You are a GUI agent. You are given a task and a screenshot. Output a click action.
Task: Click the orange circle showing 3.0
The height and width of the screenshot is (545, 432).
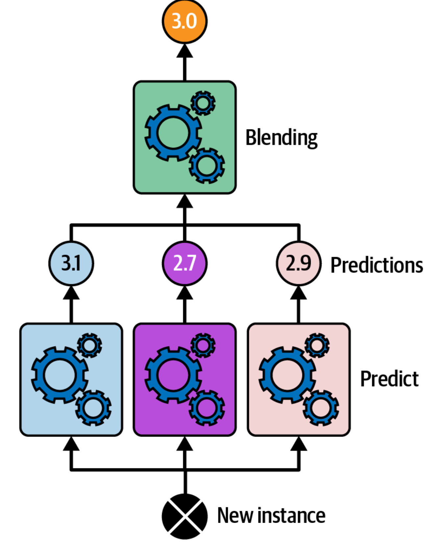[184, 21]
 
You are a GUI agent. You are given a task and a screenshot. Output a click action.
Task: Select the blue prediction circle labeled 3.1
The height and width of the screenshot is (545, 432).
[71, 263]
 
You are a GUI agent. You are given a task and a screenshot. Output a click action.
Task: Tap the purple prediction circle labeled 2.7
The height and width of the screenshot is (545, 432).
[184, 263]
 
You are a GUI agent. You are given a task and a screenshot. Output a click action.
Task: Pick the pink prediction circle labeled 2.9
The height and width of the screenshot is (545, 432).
[298, 263]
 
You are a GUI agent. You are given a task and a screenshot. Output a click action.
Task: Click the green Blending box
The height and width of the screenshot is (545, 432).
[184, 137]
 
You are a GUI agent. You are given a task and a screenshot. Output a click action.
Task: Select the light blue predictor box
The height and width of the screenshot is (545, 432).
[71, 380]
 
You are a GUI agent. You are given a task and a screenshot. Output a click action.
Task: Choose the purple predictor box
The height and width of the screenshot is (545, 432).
[184, 380]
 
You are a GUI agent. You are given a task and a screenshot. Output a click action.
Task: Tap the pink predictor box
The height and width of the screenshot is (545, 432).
[299, 380]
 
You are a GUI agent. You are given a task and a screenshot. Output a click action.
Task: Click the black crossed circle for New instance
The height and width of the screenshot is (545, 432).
[184, 516]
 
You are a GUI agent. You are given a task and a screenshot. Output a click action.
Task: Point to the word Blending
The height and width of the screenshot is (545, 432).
[281, 138]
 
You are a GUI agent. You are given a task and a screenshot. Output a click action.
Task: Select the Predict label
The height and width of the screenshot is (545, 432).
[389, 379]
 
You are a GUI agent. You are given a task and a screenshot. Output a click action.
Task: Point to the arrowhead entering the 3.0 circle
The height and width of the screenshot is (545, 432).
[184, 51]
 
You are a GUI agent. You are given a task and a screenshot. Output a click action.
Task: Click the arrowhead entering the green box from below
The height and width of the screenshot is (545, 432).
[184, 201]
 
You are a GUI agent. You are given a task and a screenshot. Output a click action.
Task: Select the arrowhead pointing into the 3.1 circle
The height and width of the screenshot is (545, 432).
[71, 293]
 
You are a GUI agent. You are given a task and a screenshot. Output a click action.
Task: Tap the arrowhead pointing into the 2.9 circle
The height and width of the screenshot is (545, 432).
[298, 293]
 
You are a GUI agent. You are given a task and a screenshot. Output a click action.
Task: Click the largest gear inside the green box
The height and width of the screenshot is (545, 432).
[173, 133]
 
